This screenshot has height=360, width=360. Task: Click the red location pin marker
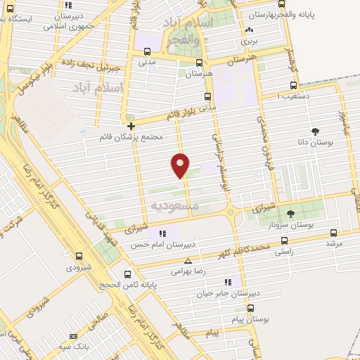pos(181,165)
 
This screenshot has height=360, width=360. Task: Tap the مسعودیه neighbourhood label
pos(175,205)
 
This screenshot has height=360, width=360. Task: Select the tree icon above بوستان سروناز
pos(290,213)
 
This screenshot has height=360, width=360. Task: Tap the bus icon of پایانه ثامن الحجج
pos(127,274)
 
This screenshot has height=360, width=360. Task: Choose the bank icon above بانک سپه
pos(73,337)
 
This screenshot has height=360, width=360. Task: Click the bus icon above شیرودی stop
pos(78,257)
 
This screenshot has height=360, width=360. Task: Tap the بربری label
pos(249,41)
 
